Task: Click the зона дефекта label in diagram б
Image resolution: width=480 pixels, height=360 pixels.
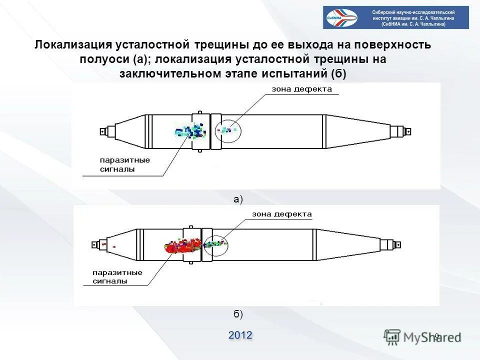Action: (281, 214)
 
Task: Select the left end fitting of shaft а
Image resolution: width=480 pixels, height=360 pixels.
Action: (104, 132)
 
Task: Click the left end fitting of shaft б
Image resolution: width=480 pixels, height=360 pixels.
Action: (96, 244)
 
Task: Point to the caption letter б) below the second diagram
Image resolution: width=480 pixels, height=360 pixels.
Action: (238, 314)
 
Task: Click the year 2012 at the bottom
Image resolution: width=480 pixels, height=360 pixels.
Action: (240, 335)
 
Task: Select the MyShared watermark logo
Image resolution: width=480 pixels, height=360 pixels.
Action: (422, 336)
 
